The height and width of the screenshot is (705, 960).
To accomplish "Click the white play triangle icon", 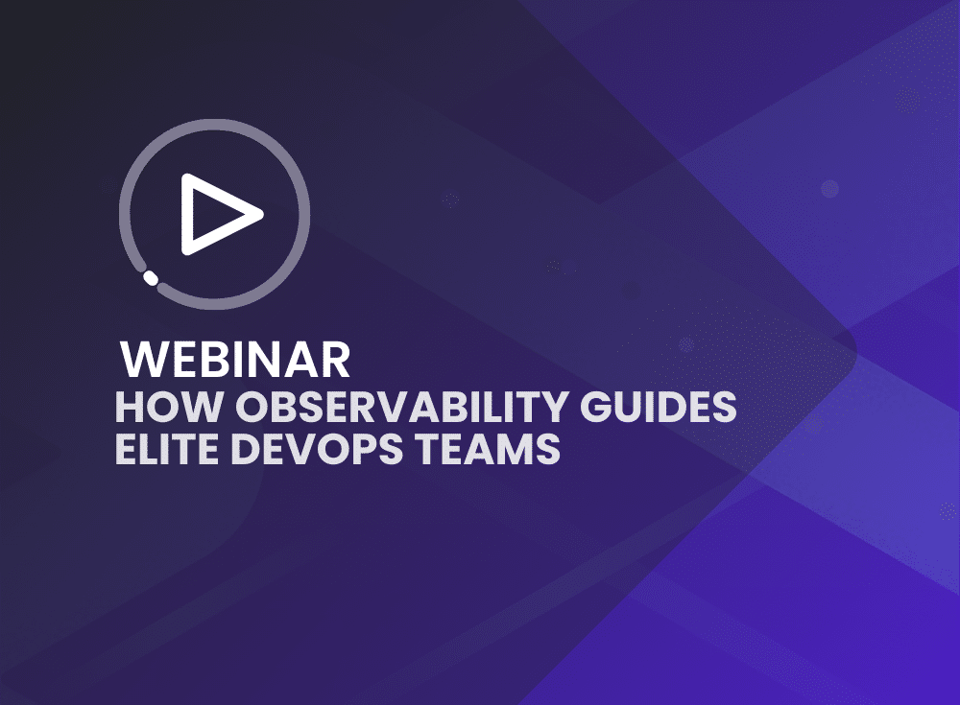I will click(220, 214).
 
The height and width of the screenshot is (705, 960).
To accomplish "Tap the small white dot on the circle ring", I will click(150, 278).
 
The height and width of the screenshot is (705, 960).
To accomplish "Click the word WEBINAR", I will click(235, 360).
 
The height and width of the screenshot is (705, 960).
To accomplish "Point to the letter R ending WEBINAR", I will click(334, 360).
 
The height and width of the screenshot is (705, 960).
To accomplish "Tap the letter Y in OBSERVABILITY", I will click(560, 407).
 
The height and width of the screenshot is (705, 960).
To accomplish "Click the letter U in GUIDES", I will click(630, 407).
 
